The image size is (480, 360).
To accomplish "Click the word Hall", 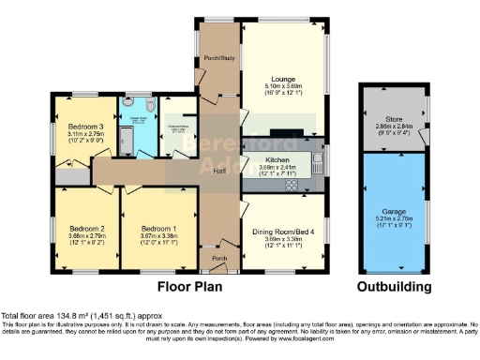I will click(x=217, y=171).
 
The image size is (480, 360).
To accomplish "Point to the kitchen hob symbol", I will click(x=290, y=185).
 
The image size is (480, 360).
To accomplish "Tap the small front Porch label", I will click(x=219, y=258).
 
